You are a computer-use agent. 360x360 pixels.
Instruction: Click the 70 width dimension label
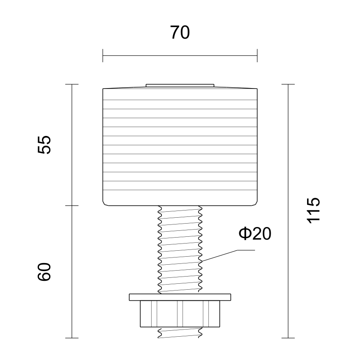coord(180,32)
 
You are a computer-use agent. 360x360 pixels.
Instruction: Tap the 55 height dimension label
coord(44,145)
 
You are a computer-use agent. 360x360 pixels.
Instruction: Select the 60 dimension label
coord(44,271)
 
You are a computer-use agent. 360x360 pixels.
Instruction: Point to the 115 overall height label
coord(313,210)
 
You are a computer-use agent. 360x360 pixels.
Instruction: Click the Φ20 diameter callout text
coord(255,234)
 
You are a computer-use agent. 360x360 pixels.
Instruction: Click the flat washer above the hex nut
coord(180,297)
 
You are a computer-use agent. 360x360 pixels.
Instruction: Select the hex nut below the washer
coord(180,314)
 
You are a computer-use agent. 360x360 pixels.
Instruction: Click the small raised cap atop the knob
coord(180,86)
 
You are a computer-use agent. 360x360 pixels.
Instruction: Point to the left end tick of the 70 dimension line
coord(102,55)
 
